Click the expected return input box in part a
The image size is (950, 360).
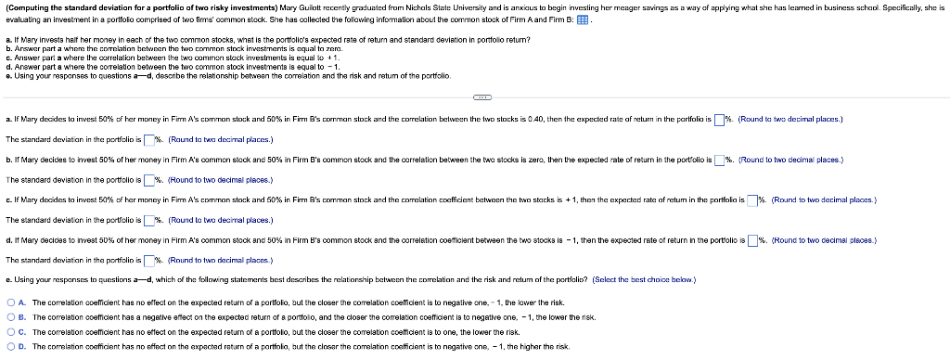click(719, 121)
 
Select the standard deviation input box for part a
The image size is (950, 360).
click(148, 139)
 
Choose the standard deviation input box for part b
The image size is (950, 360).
click(148, 179)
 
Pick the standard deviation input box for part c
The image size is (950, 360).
click(148, 220)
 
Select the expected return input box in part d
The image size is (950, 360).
click(752, 240)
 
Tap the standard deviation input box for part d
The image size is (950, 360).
click(148, 260)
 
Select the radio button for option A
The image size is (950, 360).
click(10, 302)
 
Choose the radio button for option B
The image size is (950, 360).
click(10, 316)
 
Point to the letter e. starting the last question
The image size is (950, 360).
click(8, 280)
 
